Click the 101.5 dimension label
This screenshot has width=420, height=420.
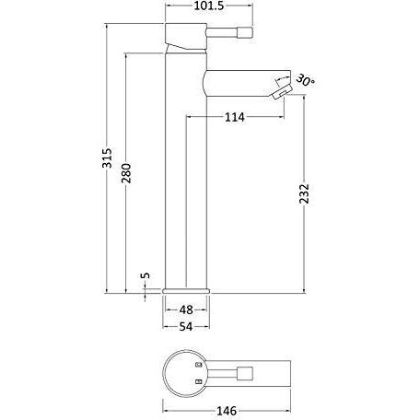209,6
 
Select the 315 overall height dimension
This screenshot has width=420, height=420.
107,158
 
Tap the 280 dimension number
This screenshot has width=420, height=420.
126,173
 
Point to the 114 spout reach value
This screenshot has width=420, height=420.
235,117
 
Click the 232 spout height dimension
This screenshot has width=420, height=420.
304,193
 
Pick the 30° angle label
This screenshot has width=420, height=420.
306,80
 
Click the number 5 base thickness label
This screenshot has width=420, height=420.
146,275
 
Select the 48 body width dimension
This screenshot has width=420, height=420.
186,309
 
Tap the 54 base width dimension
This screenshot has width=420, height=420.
186,327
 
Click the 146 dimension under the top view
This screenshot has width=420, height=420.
227,411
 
